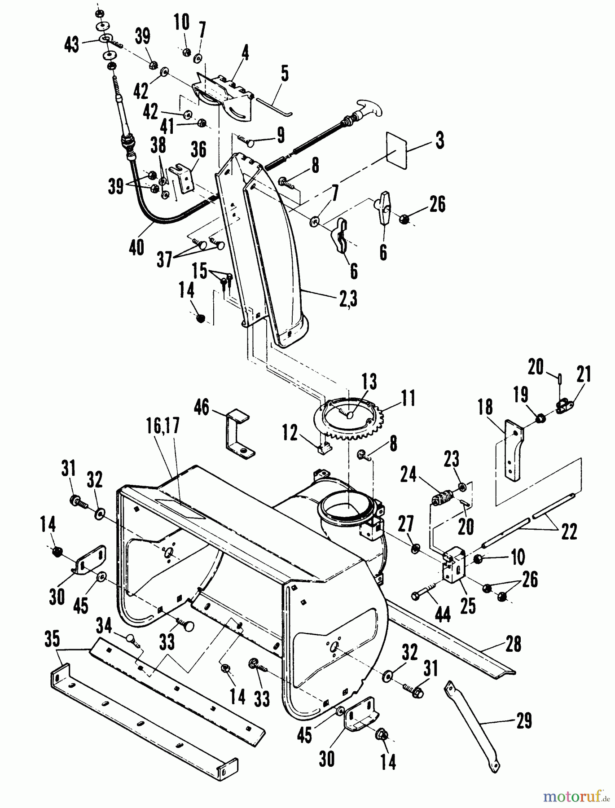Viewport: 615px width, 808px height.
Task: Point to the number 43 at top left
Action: pos(72,44)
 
